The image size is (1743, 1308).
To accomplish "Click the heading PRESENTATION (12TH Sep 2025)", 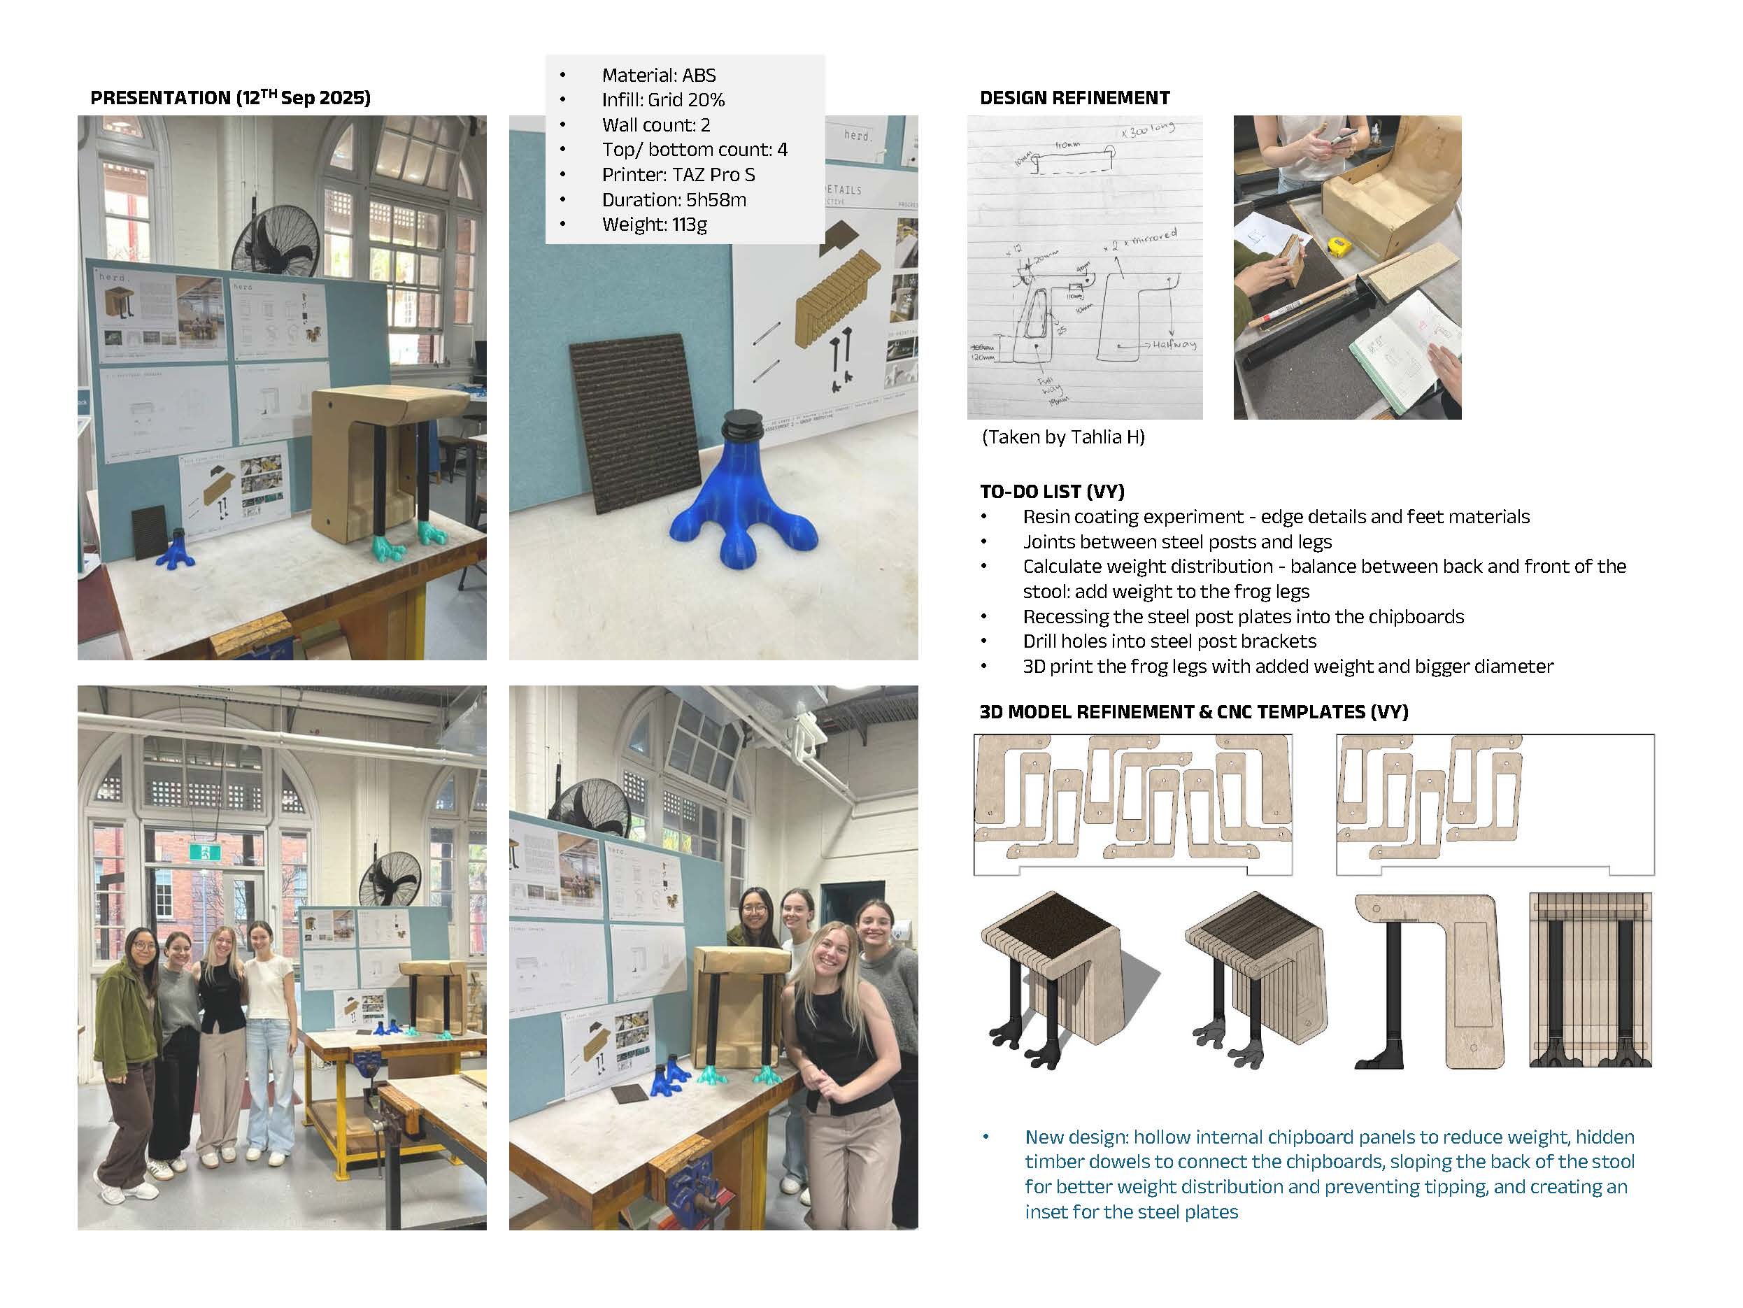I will (x=230, y=98).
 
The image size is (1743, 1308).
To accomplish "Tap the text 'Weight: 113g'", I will (x=654, y=225).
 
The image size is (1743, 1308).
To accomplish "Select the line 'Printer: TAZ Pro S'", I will (x=678, y=175).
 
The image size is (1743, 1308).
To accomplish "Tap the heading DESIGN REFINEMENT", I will (x=1074, y=98).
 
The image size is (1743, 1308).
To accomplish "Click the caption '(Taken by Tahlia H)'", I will (x=1063, y=437).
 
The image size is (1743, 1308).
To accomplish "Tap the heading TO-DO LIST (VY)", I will (x=1052, y=492).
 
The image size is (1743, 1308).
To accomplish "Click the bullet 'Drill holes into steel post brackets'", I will (x=1169, y=641).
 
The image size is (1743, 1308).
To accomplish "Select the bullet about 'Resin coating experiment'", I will (x=1275, y=517).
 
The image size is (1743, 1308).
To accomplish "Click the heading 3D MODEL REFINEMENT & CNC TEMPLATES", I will (x=1193, y=711).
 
